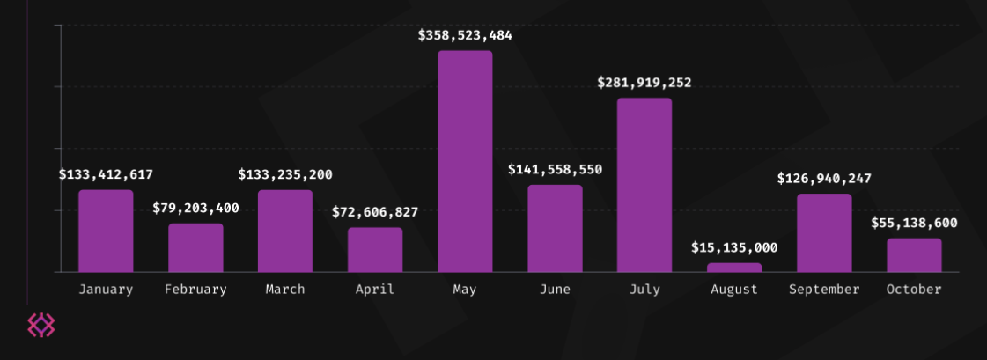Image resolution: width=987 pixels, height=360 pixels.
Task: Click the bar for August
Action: point(734,268)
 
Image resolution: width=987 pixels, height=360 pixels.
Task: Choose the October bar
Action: point(914,255)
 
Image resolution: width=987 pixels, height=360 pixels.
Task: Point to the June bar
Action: point(555,228)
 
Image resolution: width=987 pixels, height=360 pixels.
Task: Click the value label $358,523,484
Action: point(465,36)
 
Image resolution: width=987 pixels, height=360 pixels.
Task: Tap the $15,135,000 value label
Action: point(734,248)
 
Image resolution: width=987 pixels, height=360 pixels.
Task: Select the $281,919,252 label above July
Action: point(644,83)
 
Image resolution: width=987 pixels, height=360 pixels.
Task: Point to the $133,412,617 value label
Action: point(106,175)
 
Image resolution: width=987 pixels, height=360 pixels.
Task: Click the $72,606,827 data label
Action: point(375,212)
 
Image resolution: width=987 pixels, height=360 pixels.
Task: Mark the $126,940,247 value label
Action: point(824,179)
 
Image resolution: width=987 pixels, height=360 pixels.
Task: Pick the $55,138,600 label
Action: point(914,224)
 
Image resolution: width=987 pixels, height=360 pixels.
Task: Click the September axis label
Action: point(824,290)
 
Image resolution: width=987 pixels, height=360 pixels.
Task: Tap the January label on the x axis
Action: point(106,290)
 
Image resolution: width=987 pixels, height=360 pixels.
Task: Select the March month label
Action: point(285,290)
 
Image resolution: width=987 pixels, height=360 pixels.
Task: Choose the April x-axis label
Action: point(375,290)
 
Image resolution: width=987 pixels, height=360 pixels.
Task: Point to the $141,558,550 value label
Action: point(555,170)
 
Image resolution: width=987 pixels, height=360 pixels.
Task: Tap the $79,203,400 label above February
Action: point(195,209)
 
